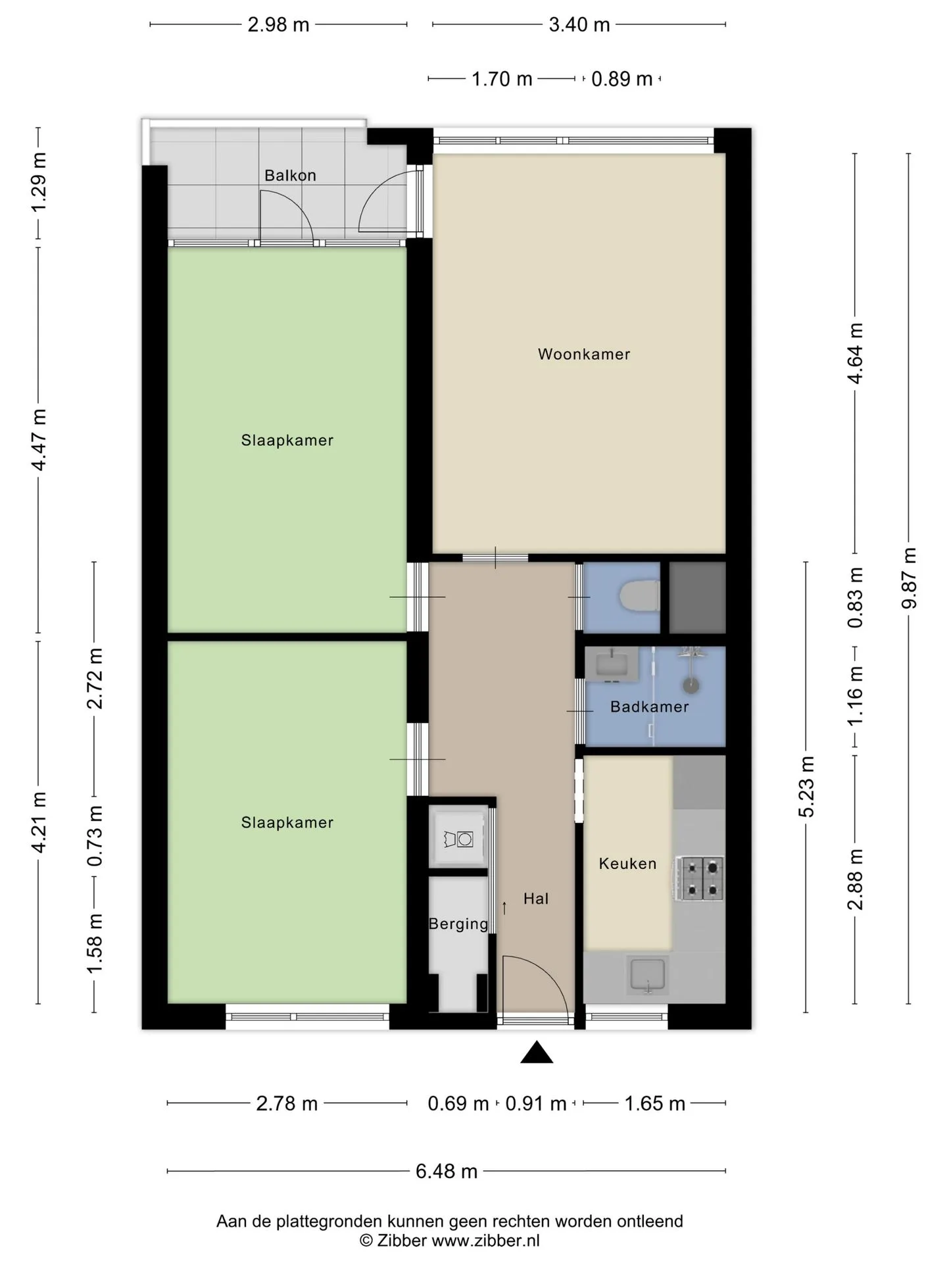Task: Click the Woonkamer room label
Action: (583, 355)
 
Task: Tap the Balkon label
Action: (290, 176)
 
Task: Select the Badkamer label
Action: (649, 707)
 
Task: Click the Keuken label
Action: (627, 864)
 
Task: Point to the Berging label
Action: (458, 924)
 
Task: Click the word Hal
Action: (536, 899)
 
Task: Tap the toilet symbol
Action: (639, 597)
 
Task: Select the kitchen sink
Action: (648, 975)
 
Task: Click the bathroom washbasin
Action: (612, 664)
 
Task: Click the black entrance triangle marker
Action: (537, 1052)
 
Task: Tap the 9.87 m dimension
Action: (909, 578)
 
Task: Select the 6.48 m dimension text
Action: (447, 1171)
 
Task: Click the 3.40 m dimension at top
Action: (579, 25)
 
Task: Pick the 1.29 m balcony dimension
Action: (38, 182)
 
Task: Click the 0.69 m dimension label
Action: (458, 1103)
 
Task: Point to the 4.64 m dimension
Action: (855, 353)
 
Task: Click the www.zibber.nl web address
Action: (485, 1241)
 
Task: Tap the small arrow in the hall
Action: (504, 908)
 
